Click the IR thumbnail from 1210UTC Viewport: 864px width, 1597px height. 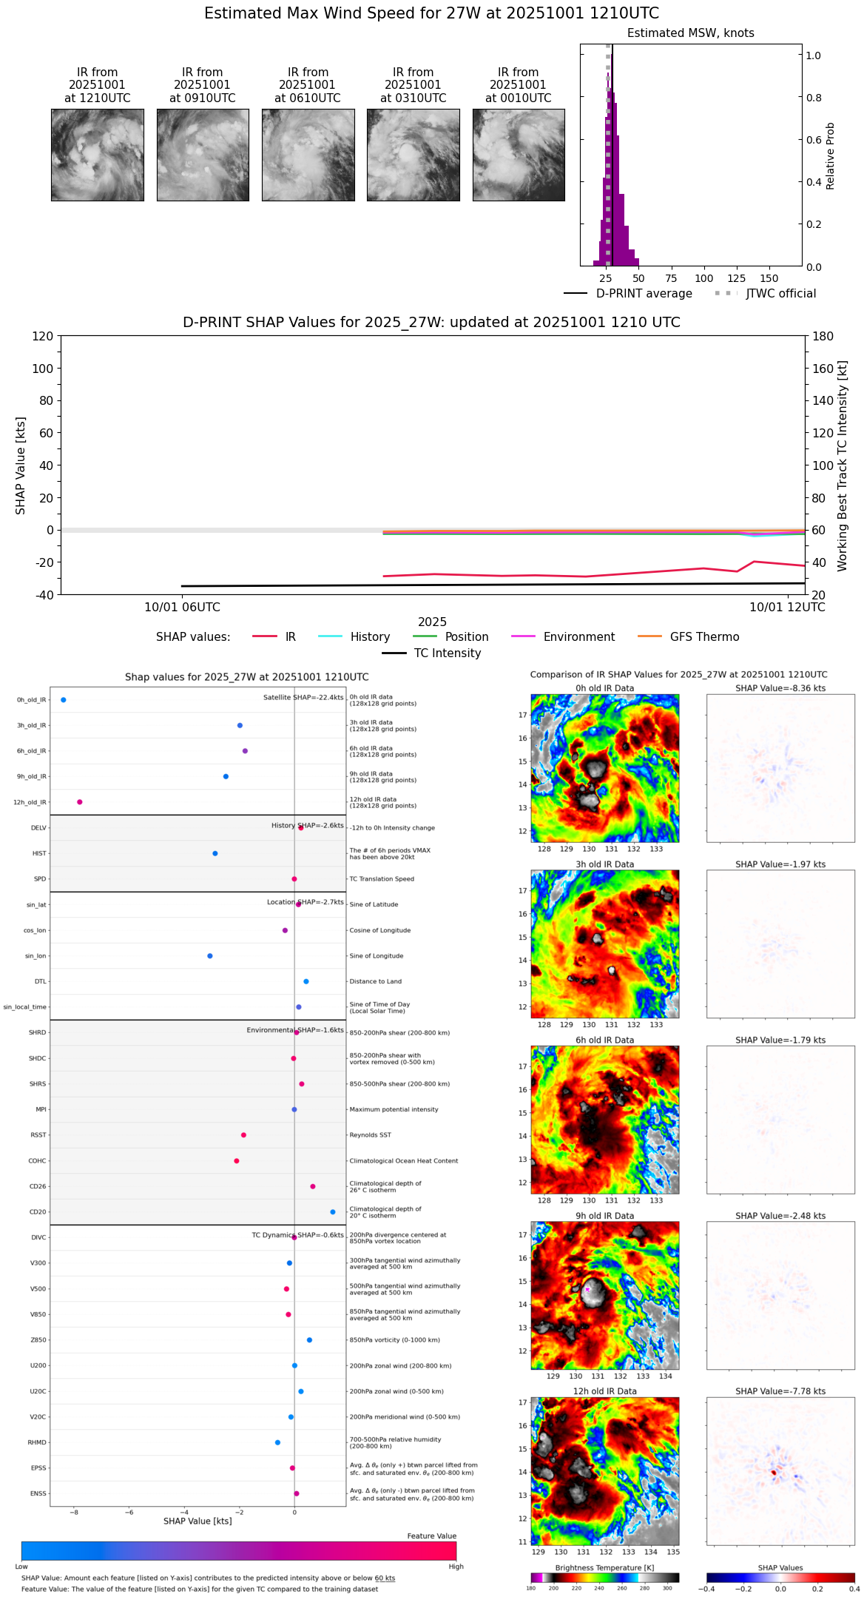pyautogui.click(x=97, y=155)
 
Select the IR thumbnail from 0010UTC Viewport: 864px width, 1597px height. pyautogui.click(x=519, y=155)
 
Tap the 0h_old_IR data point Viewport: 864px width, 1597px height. pyautogui.click(x=64, y=700)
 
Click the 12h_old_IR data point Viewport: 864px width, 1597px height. pyautogui.click(x=80, y=802)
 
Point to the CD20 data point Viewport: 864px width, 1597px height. pyautogui.click(x=333, y=1212)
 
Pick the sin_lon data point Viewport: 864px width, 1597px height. pyautogui.click(x=210, y=956)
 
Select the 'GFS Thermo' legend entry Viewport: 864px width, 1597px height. pyautogui.click(x=703, y=637)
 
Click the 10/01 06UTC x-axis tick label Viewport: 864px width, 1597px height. pyautogui.click(x=182, y=608)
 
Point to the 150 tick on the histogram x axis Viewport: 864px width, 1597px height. pyautogui.click(x=769, y=279)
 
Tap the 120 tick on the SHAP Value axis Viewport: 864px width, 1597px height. pyautogui.click(x=43, y=337)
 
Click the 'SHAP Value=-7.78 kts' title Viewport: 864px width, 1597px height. pyautogui.click(x=780, y=1391)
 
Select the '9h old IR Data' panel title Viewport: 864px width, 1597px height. pyautogui.click(x=604, y=1216)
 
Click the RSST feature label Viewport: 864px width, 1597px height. pyautogui.click(x=38, y=1135)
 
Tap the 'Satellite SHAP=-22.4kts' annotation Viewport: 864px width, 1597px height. pyautogui.click(x=303, y=698)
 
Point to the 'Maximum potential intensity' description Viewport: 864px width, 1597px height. pyautogui.click(x=394, y=1110)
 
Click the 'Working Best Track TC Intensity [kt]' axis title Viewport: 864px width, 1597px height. pyautogui.click(x=843, y=466)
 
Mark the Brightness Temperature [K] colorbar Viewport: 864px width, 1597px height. pyautogui.click(x=604, y=1578)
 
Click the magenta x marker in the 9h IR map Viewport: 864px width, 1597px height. pyautogui.click(x=587, y=1290)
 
